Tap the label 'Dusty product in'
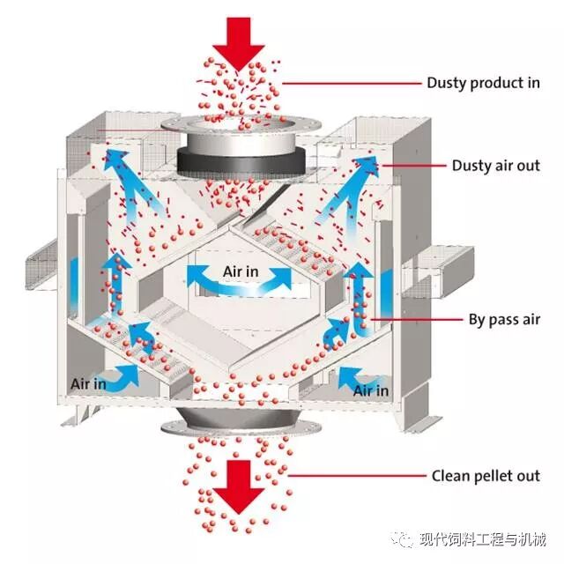click(x=483, y=83)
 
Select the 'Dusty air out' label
click(x=495, y=165)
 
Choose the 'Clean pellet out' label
click(x=485, y=476)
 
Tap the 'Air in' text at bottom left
click(x=88, y=383)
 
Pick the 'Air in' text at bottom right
click(x=370, y=390)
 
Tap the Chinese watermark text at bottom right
click(x=481, y=538)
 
